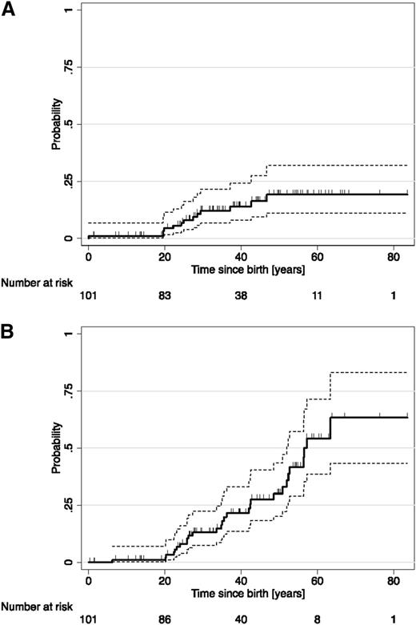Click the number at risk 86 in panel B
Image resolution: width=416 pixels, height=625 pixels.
click(x=164, y=618)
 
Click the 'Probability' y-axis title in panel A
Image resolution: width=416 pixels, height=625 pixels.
click(x=56, y=124)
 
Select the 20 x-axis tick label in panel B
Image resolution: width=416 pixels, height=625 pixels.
click(x=164, y=579)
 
